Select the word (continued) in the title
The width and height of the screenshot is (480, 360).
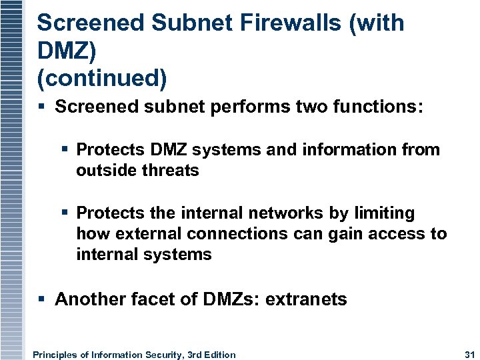[102, 78]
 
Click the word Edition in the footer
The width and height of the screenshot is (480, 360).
[218, 355]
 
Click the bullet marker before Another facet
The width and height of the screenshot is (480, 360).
[43, 299]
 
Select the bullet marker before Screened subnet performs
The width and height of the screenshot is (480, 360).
[43, 107]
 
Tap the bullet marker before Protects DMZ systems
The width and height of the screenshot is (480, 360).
[65, 149]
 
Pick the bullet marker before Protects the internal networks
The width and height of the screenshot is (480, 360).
[65, 213]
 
